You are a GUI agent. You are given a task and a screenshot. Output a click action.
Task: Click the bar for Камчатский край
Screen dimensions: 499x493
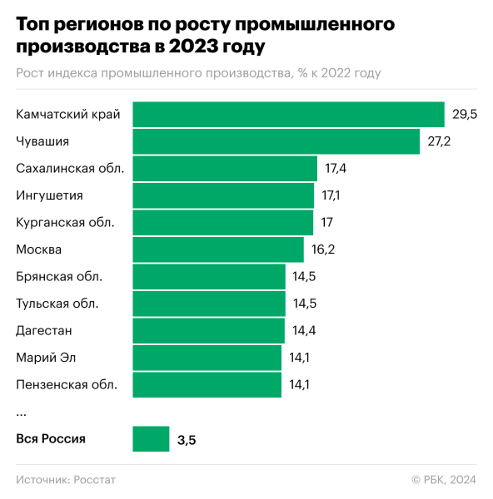(288, 114)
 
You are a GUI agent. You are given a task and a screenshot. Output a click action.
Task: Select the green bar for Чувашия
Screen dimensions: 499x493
(276, 141)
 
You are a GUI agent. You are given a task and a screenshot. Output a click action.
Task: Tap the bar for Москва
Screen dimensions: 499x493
(218, 249)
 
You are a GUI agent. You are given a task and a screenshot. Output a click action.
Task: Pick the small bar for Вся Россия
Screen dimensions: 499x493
(151, 438)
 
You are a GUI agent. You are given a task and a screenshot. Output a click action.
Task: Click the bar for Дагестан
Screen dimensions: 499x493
(208, 330)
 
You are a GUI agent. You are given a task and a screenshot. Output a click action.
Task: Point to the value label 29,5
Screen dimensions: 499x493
(464, 115)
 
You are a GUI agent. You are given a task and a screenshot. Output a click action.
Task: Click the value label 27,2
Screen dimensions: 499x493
(439, 141)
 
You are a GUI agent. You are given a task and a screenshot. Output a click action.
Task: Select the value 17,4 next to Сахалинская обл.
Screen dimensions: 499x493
(336, 169)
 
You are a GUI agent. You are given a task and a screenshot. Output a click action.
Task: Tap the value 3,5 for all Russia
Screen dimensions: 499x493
(186, 439)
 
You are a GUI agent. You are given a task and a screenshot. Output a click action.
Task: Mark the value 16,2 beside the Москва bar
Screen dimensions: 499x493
(322, 249)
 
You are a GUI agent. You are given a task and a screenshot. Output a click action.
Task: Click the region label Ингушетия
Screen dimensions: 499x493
(49, 195)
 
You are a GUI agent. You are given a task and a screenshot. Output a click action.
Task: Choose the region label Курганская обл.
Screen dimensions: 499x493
(65, 222)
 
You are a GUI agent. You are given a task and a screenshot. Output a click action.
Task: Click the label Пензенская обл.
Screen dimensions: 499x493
(67, 384)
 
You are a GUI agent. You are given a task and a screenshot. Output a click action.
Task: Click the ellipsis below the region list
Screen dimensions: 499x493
(21, 413)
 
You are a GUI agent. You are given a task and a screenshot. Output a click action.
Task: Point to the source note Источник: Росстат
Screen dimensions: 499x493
(66, 480)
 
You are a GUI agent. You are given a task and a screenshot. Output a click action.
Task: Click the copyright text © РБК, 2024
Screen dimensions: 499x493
(443, 480)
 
